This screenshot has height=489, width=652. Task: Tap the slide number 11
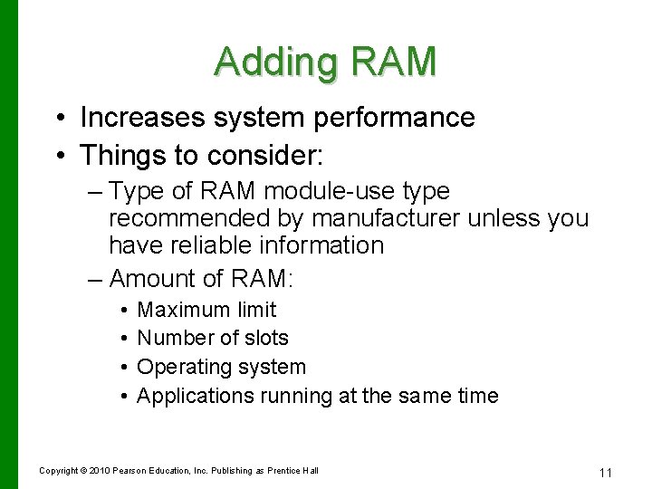coord(606,472)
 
